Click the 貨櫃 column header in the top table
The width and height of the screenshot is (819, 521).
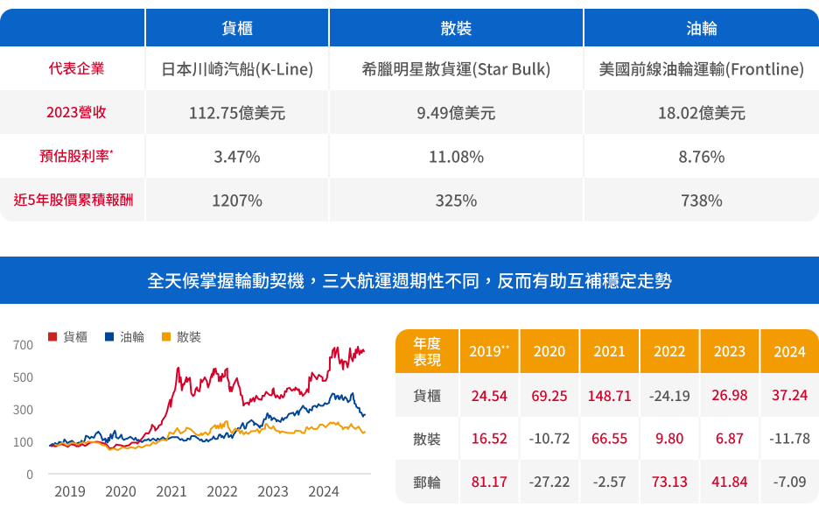[x=237, y=28]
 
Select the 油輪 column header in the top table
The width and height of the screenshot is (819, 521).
[x=701, y=28]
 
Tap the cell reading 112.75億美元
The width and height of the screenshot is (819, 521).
[x=237, y=113]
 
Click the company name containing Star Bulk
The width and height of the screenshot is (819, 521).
[x=456, y=69]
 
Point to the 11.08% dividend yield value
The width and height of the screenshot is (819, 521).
[x=456, y=157]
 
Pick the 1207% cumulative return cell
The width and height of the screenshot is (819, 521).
[x=237, y=201]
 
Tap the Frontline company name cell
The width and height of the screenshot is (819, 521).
[x=701, y=69]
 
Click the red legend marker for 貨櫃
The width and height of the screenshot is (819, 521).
[x=52, y=337]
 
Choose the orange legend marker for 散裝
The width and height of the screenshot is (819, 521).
[x=165, y=337]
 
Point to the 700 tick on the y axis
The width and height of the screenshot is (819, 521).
[x=24, y=345]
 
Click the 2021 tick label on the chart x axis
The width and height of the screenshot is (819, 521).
[x=171, y=492]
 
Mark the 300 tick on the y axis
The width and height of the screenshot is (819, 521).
[x=24, y=410]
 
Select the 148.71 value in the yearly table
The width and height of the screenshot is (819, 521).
[x=609, y=396]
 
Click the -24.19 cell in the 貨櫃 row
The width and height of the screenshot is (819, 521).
[x=669, y=396]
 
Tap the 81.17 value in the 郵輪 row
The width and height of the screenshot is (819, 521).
[x=489, y=482]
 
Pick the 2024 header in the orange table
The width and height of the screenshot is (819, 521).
[x=789, y=351]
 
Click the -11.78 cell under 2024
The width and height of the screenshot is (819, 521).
[x=789, y=439]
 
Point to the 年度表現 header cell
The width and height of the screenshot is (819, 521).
[x=427, y=351]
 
